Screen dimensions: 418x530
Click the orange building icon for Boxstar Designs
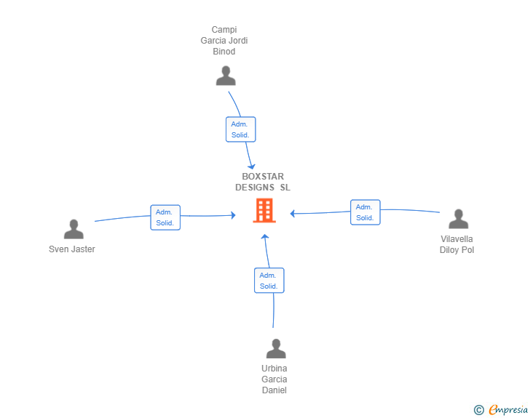click(x=264, y=211)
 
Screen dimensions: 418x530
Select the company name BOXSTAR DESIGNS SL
click(x=263, y=182)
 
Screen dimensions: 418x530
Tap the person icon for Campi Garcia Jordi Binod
click(x=226, y=76)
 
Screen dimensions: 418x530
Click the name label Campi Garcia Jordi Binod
click(x=224, y=41)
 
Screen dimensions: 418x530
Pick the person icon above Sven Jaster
click(x=74, y=230)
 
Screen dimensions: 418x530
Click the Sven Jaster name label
click(x=72, y=249)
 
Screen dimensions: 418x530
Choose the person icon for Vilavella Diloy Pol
click(x=458, y=219)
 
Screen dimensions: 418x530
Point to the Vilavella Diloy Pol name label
click(x=457, y=244)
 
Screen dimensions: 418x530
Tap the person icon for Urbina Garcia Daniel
click(x=275, y=349)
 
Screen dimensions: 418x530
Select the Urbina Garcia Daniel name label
click(x=274, y=379)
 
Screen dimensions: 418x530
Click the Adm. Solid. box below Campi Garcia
click(x=240, y=129)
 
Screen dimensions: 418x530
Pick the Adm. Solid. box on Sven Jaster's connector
click(x=165, y=217)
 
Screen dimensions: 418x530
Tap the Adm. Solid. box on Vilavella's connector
click(x=365, y=212)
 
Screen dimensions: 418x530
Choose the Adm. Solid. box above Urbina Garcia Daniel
click(x=269, y=281)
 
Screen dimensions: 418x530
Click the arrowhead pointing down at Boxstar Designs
click(x=250, y=165)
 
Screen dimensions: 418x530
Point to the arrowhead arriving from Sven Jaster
click(x=232, y=214)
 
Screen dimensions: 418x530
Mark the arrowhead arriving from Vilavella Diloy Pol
click(x=292, y=214)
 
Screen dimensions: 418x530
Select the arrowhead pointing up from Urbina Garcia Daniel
click(x=265, y=237)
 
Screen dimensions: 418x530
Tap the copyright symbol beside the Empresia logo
click(x=478, y=410)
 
